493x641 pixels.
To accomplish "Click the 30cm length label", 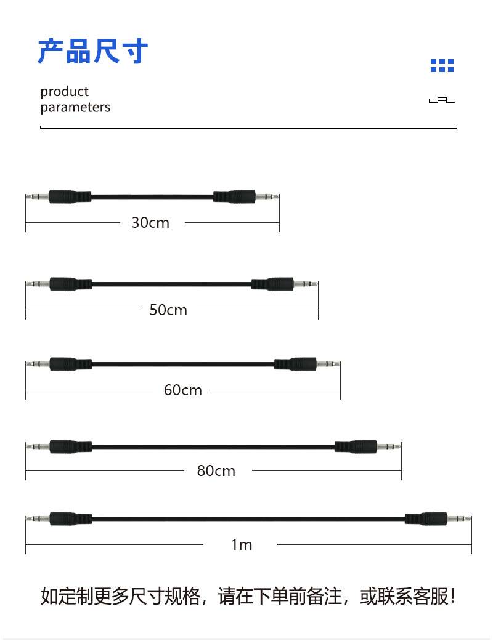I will click(150, 223).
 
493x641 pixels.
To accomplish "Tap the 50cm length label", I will click(168, 310).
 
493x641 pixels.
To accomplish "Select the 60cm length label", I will click(183, 390).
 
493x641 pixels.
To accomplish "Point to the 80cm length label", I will click(216, 471).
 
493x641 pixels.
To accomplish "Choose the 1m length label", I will click(242, 545).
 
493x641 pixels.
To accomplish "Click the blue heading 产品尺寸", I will click(93, 51).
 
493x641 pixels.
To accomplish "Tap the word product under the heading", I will click(65, 92).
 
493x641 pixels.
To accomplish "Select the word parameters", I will click(75, 107).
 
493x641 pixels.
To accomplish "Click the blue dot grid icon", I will click(442, 66).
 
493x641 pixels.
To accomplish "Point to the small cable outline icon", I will click(442, 100).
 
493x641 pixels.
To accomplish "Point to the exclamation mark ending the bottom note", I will click(454, 597).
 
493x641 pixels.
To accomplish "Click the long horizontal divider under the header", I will click(248, 127).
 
